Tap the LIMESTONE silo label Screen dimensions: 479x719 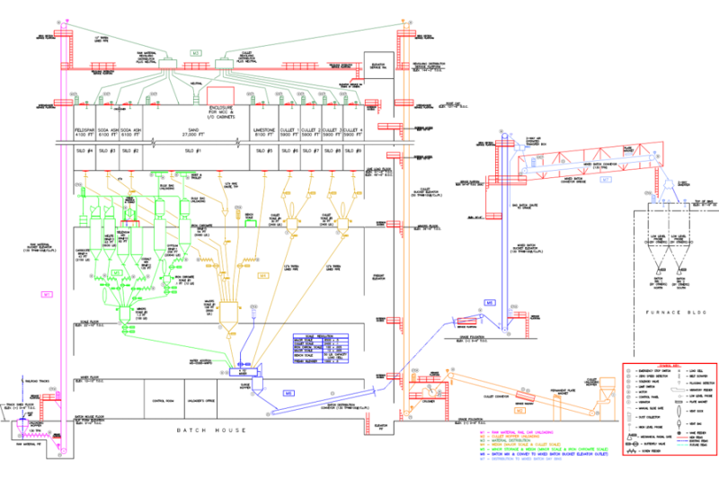pos(265,129)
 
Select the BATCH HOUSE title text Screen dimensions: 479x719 pos(212,430)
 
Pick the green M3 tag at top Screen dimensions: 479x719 pos(197,54)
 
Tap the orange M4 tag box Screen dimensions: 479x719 pos(262,276)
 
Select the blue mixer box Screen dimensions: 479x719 pos(243,371)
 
